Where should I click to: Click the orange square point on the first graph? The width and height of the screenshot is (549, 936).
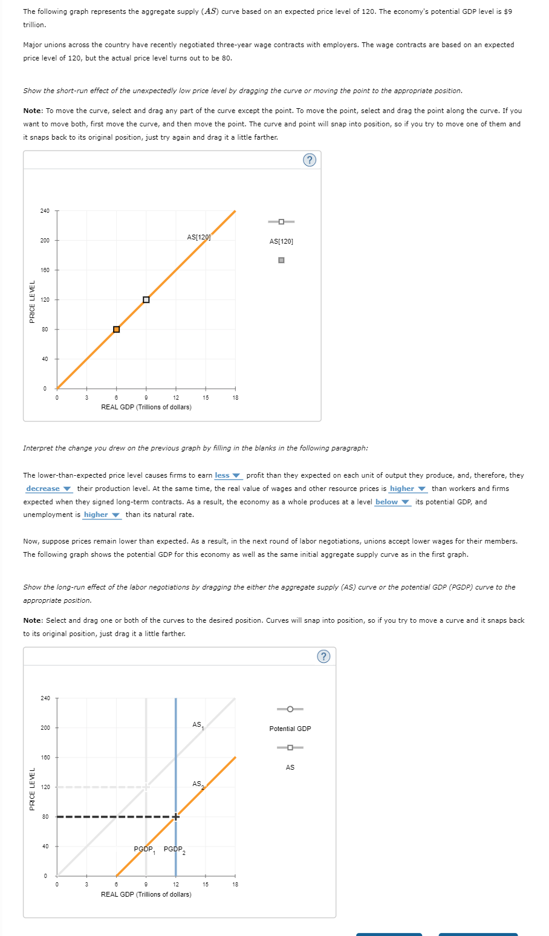(116, 330)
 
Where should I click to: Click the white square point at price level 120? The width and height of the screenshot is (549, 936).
(146, 300)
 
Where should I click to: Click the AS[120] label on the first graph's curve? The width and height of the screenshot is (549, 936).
(198, 237)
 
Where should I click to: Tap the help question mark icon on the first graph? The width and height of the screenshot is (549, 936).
(309, 160)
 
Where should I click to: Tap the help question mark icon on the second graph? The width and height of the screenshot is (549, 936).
(323, 657)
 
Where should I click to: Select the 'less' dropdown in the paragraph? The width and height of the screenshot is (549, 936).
(227, 476)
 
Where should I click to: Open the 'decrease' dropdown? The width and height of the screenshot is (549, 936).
(48, 489)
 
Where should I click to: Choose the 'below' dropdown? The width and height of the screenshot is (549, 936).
(392, 502)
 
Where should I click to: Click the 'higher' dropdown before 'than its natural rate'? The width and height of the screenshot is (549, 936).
(102, 515)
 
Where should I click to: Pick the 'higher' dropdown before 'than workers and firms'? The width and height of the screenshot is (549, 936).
(408, 489)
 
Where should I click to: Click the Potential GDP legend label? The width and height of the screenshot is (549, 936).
(290, 729)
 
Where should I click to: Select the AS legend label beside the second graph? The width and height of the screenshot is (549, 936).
(290, 767)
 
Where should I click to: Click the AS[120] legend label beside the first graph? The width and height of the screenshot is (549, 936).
(281, 242)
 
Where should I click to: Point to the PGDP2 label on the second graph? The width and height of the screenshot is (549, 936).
(174, 850)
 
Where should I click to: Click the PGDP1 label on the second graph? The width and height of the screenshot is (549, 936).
(145, 850)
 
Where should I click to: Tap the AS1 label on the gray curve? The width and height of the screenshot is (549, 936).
(198, 725)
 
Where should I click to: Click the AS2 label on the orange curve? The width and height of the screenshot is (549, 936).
(198, 785)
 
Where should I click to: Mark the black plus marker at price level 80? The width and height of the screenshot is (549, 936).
(175, 817)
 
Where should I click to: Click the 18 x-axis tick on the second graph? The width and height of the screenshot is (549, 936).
(235, 884)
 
